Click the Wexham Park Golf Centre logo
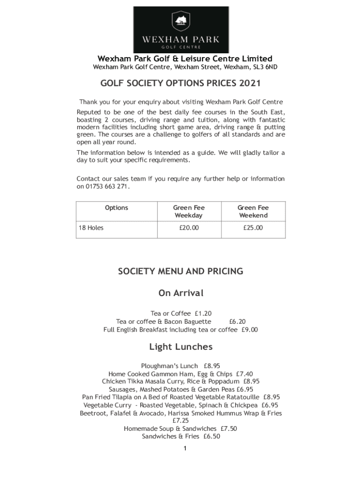pyautogui.click(x=181, y=29)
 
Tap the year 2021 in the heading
pyautogui.click(x=249, y=84)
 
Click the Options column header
pyautogui.click(x=116, y=208)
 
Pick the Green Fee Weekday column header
pyautogui.click(x=189, y=211)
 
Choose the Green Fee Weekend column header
pyautogui.click(x=253, y=211)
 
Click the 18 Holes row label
pyautogui.click(x=91, y=228)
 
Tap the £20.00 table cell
pyautogui.click(x=189, y=228)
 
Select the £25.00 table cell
pyautogui.click(x=253, y=228)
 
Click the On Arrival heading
pyautogui.click(x=181, y=293)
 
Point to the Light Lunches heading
pyautogui.click(x=181, y=347)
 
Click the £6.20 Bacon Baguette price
pyautogui.click(x=237, y=322)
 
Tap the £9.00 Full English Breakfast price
pyautogui.click(x=250, y=330)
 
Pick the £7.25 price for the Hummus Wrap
pyautogui.click(x=180, y=421)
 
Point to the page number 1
pyautogui.click(x=185, y=449)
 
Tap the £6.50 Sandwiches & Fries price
pyautogui.click(x=211, y=437)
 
